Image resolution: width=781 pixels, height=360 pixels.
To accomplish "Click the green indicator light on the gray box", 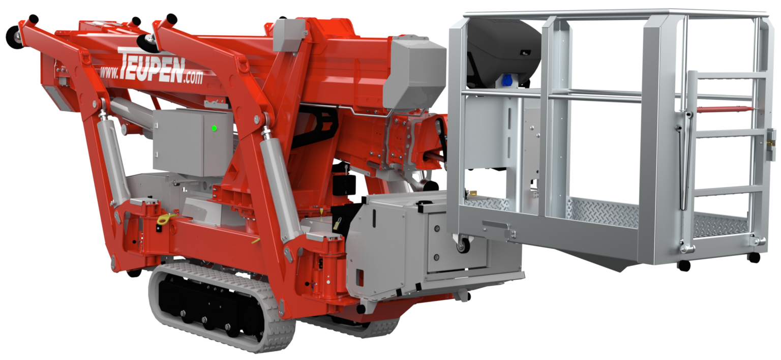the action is [214, 128].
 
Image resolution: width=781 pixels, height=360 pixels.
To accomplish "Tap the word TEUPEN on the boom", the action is [152, 66].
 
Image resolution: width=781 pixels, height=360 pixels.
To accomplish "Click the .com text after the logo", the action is [194, 77].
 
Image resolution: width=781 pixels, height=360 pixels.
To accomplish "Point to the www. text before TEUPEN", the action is [109, 72].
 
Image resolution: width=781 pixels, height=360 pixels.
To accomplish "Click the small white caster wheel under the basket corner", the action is [463, 245].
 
